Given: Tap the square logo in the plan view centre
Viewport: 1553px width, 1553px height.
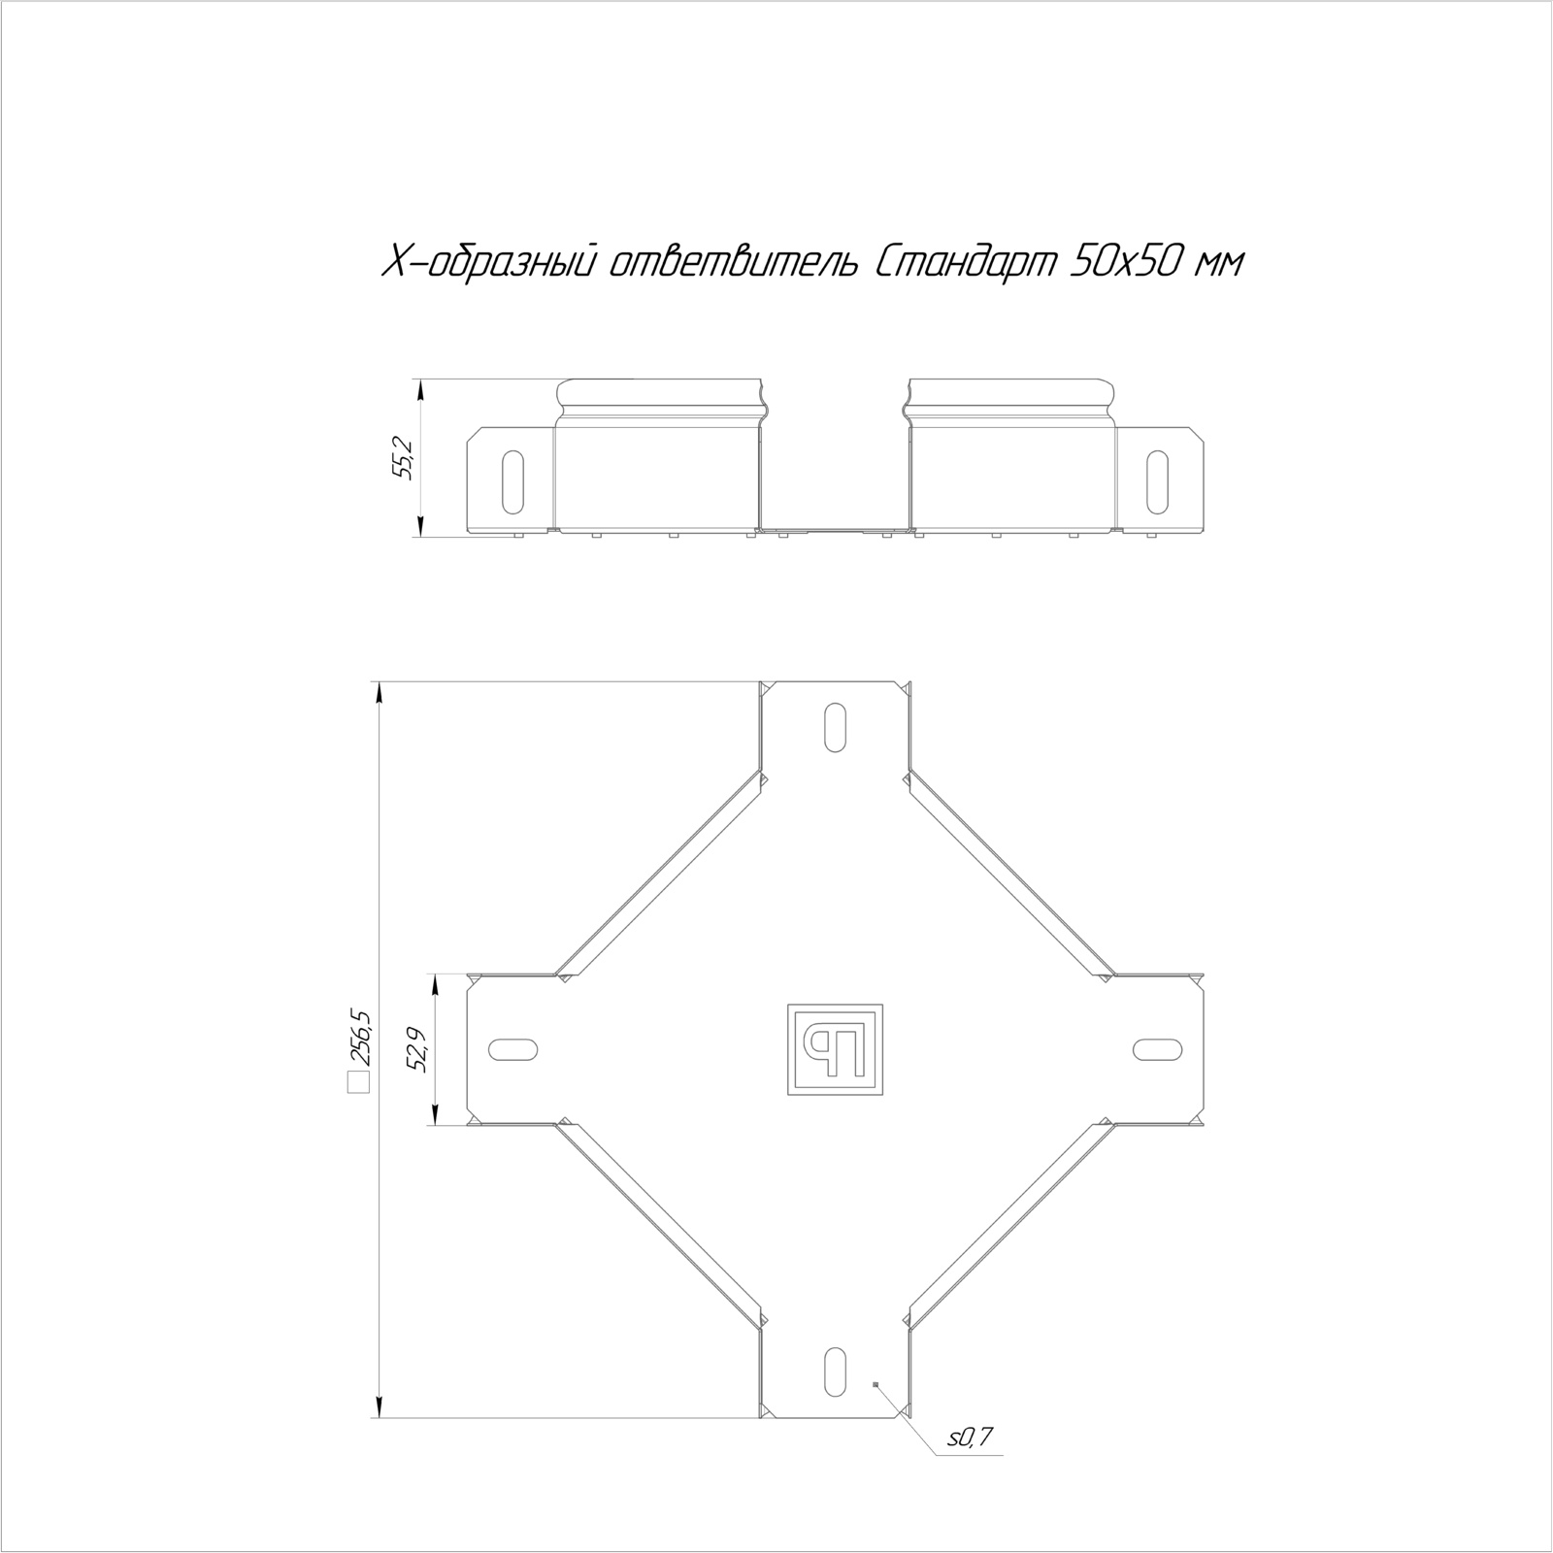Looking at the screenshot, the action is pyautogui.click(x=834, y=1049).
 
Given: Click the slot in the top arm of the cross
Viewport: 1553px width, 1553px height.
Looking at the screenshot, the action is pyautogui.click(x=835, y=726).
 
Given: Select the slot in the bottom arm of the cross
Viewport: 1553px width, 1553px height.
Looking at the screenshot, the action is pyautogui.click(x=835, y=1371).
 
